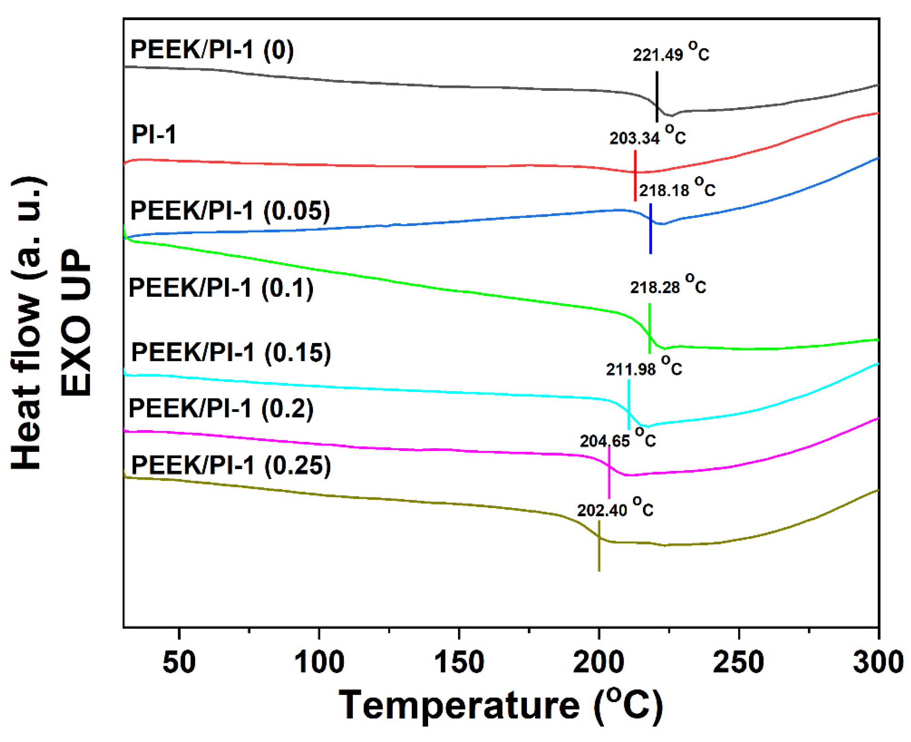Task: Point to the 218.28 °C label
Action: point(668,285)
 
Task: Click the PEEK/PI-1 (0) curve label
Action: point(212,50)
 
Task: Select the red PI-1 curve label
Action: point(154,135)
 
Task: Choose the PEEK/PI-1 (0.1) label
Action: point(221,288)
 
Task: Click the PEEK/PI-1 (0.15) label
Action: point(231,353)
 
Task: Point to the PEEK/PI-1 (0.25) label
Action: point(231,465)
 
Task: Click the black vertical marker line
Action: point(657,96)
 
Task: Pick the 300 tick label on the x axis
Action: point(878,662)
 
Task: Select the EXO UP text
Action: point(76,323)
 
